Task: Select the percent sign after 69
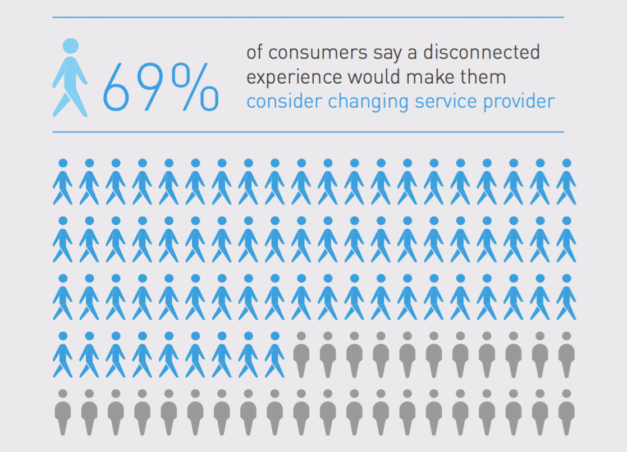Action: (x=193, y=86)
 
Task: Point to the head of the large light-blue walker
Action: (x=70, y=46)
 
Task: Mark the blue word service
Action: (x=443, y=102)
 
